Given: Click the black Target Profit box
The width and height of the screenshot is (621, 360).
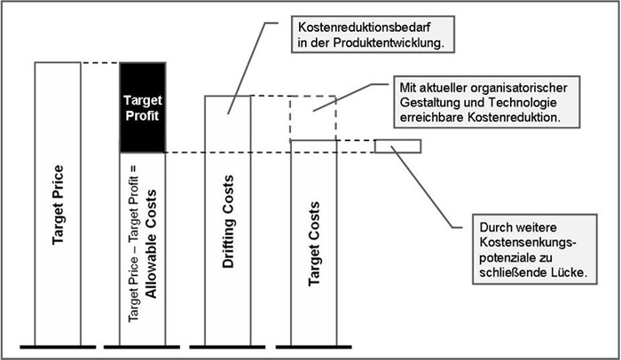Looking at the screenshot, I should pos(143,107).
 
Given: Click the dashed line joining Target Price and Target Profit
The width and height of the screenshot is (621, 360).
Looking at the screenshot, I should pos(99,63).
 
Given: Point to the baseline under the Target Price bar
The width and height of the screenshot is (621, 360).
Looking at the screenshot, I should pos(58,345).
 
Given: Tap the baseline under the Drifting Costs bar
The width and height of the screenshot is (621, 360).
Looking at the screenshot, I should pos(228,345).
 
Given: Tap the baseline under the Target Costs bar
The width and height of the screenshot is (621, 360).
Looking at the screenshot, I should pos(313,345).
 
